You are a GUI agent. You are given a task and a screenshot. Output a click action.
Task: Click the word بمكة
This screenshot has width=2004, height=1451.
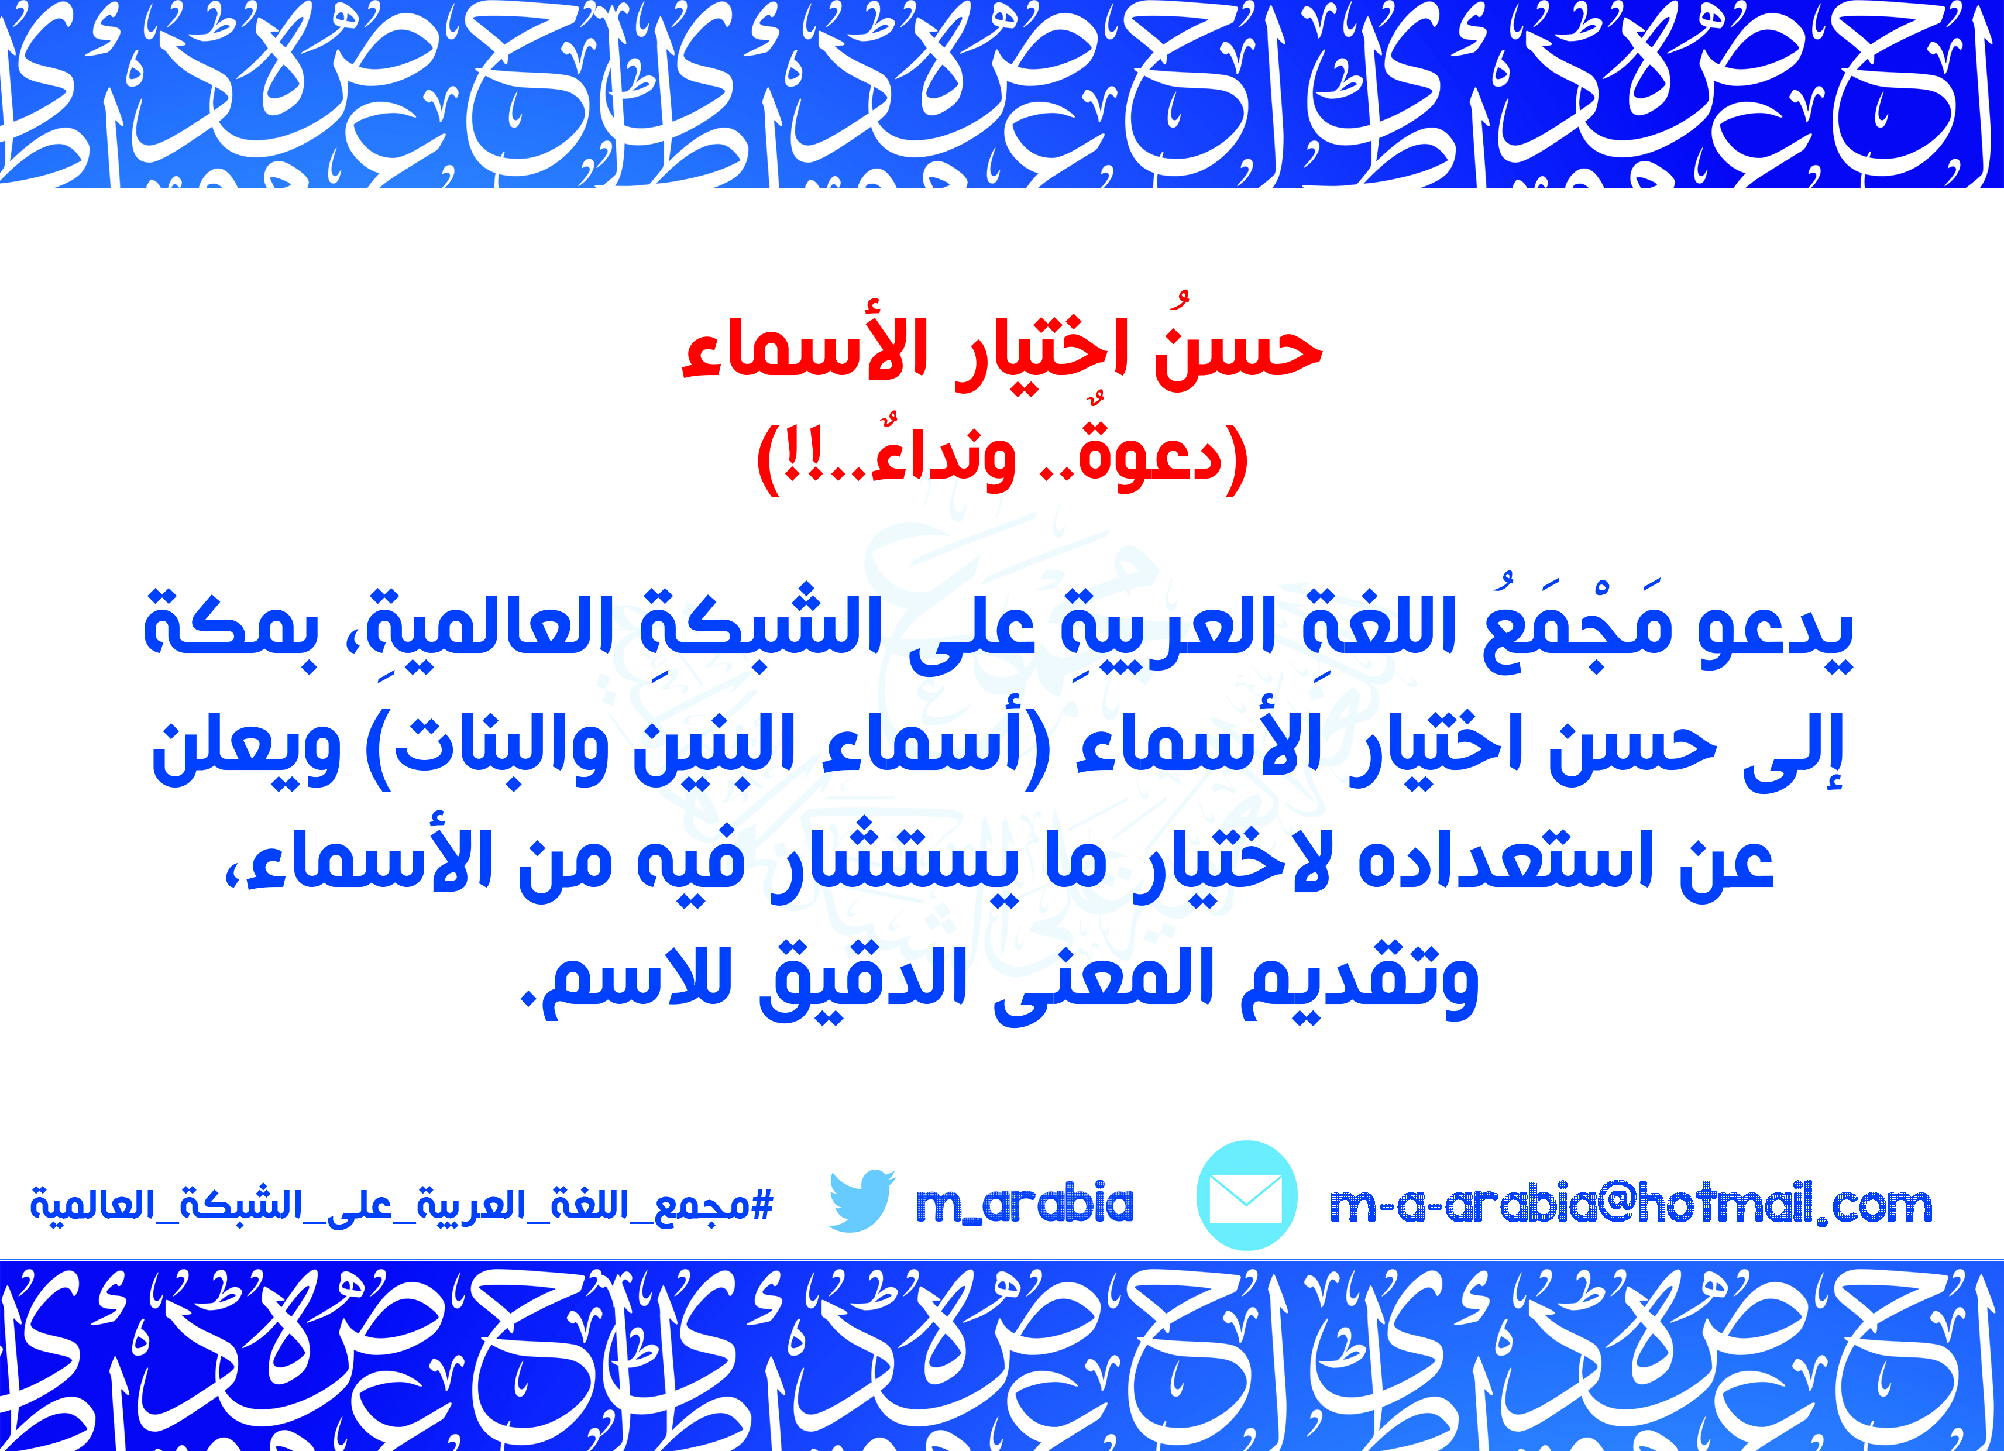coord(231,627)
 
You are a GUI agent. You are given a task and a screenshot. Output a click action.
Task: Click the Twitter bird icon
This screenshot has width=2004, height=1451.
coord(861,1201)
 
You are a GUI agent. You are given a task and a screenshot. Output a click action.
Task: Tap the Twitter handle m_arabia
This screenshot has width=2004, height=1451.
coord(1024,1204)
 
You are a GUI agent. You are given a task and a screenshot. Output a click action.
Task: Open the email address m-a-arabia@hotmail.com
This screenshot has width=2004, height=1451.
coord(1630,1204)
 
